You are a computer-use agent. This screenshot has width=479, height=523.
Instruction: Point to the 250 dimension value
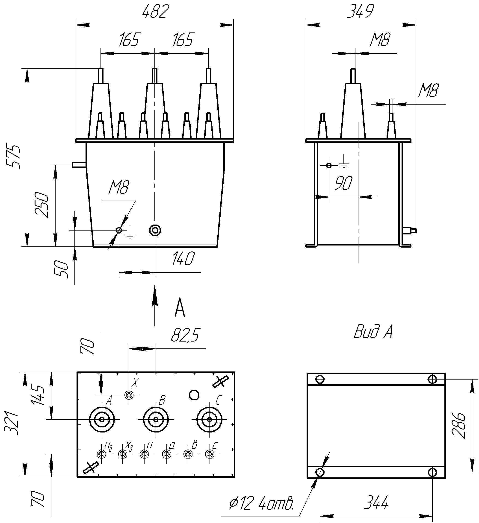[42, 205]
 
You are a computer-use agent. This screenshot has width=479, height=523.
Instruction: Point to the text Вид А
[373, 332]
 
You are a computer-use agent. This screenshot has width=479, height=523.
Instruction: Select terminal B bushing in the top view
[156, 420]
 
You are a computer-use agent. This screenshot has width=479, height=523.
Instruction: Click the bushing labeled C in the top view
[210, 420]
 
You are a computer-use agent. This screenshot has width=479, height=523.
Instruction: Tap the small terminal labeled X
[129, 395]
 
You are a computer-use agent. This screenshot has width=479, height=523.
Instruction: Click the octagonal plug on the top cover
[194, 395]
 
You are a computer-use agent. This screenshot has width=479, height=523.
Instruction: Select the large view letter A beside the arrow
[180, 308]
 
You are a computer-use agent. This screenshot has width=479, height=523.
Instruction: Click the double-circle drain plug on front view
[155, 230]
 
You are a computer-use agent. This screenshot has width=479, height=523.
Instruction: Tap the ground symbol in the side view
[344, 162]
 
